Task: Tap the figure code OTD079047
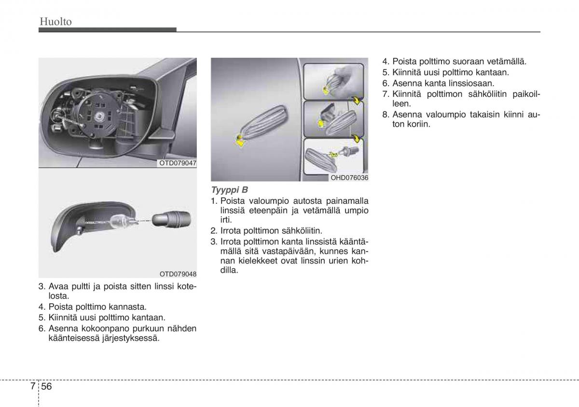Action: point(178,163)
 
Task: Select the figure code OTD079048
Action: point(178,274)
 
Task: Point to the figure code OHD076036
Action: point(349,178)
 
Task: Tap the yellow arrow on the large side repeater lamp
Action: point(239,140)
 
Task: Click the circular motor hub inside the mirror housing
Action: point(100,116)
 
